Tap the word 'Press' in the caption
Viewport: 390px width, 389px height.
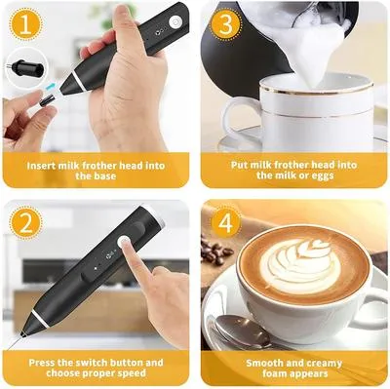tap(44, 363)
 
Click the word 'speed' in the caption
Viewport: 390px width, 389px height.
tap(129, 374)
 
